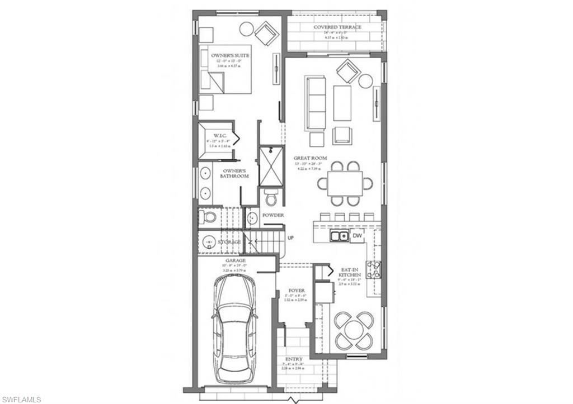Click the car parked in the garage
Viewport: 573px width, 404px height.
[235, 329]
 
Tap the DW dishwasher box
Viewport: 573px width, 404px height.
[356, 236]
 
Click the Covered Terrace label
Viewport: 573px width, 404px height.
[337, 27]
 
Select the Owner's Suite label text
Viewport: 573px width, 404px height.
[230, 56]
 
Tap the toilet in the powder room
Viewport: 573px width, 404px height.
[271, 198]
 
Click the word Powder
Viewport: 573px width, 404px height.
[273, 215]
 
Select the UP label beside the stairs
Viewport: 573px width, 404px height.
[290, 238]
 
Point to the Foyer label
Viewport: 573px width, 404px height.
[296, 291]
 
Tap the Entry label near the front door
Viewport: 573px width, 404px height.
[294, 359]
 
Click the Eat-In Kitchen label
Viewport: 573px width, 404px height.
[350, 272]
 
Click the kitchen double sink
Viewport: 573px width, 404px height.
[339, 236]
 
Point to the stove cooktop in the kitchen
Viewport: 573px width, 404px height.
[374, 269]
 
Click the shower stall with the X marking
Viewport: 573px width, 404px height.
[271, 167]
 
